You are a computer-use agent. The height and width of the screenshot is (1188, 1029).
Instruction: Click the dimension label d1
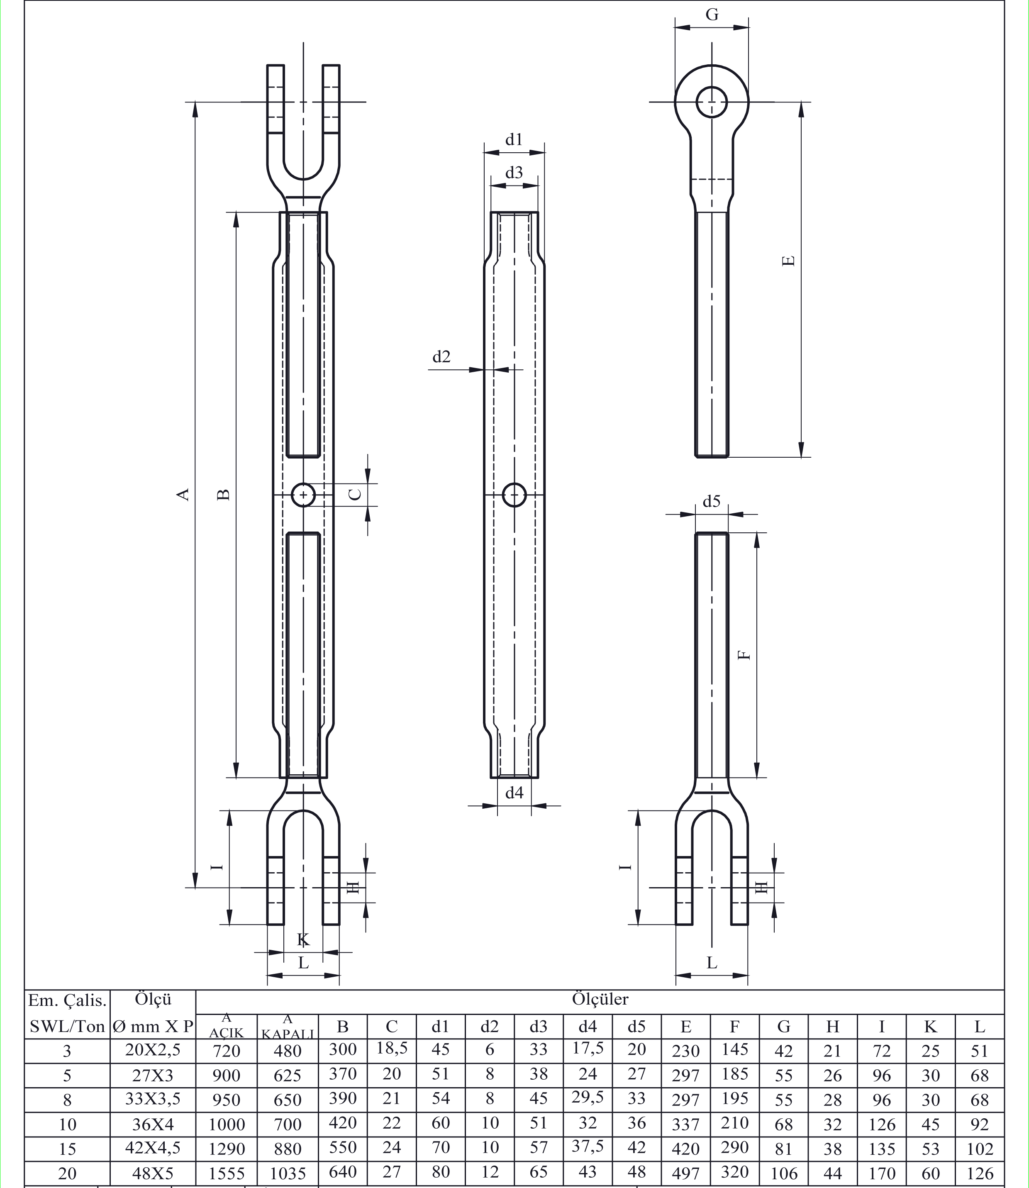[514, 139]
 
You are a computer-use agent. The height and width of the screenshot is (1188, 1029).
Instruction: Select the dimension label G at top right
[712, 15]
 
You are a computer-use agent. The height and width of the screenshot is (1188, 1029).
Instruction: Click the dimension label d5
[712, 501]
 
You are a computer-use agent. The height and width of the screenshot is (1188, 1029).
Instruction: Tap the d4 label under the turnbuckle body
[514, 793]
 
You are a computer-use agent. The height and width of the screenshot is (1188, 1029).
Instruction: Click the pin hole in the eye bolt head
[712, 103]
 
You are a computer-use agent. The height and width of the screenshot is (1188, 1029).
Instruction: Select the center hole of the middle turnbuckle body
[514, 494]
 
